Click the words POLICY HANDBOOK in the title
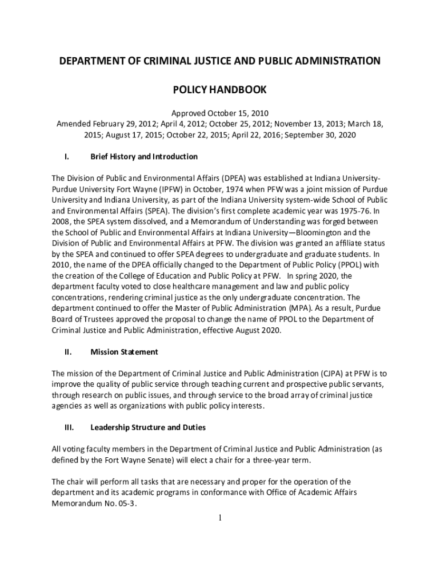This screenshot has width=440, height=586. coord(220,90)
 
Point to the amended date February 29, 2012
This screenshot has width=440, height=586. coord(125,124)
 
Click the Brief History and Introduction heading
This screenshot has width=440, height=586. coord(144,157)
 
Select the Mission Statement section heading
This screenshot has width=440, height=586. coord(124,352)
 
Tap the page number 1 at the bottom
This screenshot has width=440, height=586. coord(220,518)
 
